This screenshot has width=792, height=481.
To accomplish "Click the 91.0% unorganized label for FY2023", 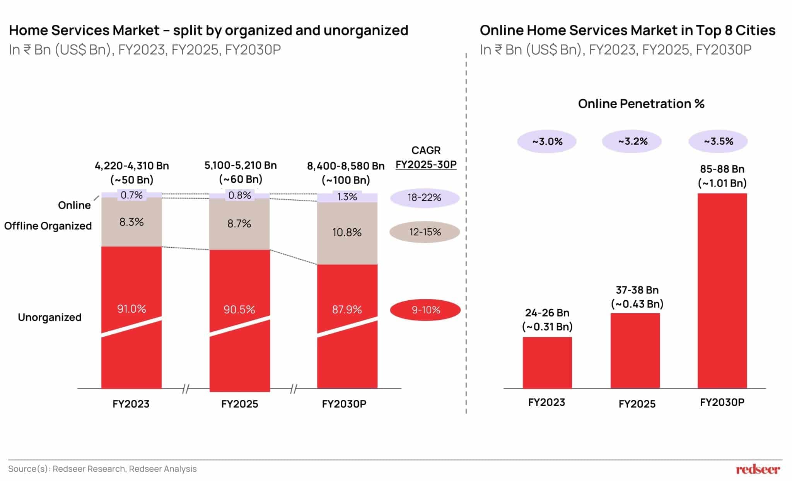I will coord(131,309).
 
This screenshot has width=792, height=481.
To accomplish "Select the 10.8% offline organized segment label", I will coord(347,232).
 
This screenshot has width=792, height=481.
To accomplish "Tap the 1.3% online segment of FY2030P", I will coord(347,197).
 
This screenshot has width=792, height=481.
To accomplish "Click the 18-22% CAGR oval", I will coord(424,198).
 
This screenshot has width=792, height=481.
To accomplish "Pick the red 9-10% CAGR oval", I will coord(425,310).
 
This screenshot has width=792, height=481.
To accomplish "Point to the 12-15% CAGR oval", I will coord(425,232).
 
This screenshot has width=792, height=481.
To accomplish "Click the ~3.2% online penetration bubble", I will coord(632,141).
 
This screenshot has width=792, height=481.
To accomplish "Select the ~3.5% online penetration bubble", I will coord(718,141).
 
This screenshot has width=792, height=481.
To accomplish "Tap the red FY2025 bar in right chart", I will coord(635,350).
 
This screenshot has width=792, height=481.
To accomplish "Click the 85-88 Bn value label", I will coord(722,169).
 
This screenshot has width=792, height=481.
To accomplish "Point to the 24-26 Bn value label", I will coord(547,313).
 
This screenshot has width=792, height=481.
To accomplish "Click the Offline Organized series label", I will coord(48,226).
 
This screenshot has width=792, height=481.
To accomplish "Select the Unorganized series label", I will coord(49,317).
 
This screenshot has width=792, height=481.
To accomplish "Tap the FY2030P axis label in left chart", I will coord(344,404).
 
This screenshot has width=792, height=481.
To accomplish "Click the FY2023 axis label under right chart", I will coord(546,402).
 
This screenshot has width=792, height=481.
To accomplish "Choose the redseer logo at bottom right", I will coord(758,469).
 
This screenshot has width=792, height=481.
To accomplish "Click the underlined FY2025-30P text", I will coord(426,164).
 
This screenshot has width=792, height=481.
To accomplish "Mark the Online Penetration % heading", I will coord(641,104).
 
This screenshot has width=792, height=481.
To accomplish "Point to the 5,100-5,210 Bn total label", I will coord(240,166).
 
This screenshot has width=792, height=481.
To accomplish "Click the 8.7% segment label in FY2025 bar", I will coord(239,224).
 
